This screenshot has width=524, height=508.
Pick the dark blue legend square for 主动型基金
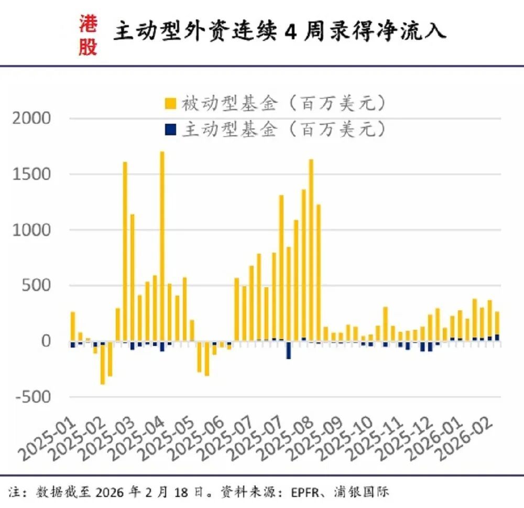pos(171,129)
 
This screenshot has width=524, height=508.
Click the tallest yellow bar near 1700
pos(162,246)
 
